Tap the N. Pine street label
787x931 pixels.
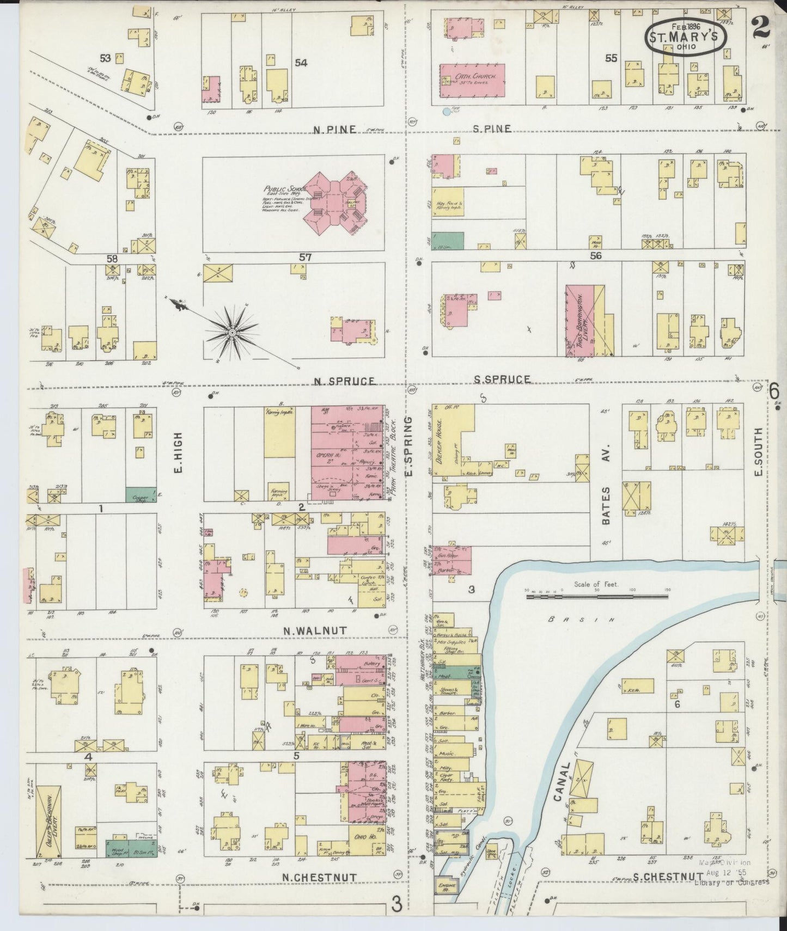[x=334, y=129]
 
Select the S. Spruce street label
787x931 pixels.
[x=501, y=379]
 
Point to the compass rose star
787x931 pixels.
[x=232, y=332]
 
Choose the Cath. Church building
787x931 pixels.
[x=472, y=80]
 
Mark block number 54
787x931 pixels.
[x=301, y=63]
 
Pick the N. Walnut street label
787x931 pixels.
[x=314, y=630]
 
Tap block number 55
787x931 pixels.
[x=611, y=58]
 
